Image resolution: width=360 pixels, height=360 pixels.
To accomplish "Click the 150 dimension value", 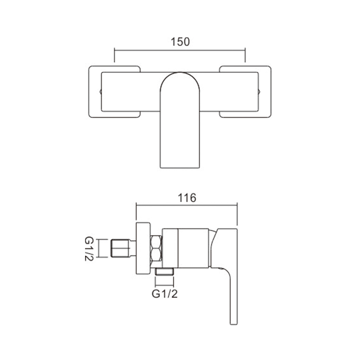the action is (180, 42).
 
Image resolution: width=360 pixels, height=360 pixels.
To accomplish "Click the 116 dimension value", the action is (187, 198).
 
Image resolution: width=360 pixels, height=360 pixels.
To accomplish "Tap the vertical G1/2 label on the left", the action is (89, 249).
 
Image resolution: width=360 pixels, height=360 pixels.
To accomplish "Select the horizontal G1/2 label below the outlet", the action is (165, 294).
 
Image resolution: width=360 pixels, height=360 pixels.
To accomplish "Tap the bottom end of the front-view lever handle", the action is (180, 168).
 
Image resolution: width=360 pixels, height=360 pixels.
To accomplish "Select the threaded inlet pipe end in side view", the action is (120, 248).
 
